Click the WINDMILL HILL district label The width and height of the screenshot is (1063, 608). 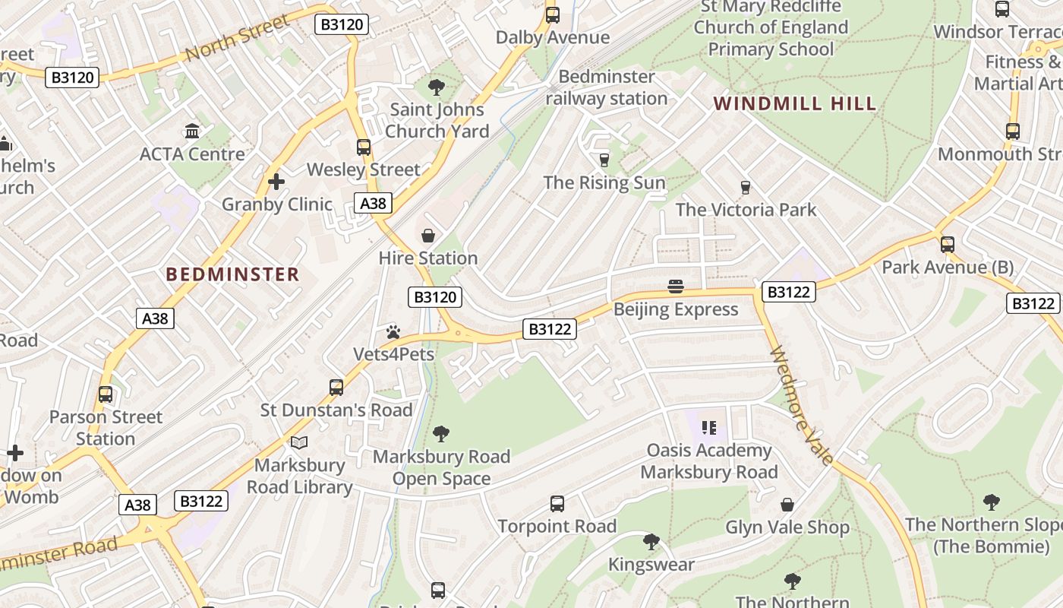(795, 103)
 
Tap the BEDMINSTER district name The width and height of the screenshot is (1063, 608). (233, 274)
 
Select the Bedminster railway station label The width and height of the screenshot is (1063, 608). (606, 87)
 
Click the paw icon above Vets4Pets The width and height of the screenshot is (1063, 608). (393, 332)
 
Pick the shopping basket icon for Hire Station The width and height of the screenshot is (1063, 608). (428, 236)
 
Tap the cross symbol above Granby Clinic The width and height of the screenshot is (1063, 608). (276, 182)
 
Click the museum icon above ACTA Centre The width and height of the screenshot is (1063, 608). (192, 131)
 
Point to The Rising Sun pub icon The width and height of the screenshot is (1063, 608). (604, 160)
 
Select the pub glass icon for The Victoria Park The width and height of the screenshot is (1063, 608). (745, 187)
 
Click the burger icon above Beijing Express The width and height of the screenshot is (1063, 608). (676, 287)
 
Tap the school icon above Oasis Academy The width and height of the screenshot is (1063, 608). (709, 428)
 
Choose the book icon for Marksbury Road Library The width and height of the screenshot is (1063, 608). (300, 442)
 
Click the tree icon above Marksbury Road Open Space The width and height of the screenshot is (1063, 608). (441, 434)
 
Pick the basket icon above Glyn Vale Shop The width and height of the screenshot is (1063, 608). (787, 505)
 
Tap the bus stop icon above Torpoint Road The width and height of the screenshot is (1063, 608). (557, 503)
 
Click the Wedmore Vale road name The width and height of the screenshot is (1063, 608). (802, 405)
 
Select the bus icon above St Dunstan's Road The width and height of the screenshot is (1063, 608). (336, 388)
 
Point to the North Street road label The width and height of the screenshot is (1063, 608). (238, 37)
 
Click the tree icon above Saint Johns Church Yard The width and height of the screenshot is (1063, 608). (437, 87)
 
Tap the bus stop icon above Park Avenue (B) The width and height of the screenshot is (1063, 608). (947, 245)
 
